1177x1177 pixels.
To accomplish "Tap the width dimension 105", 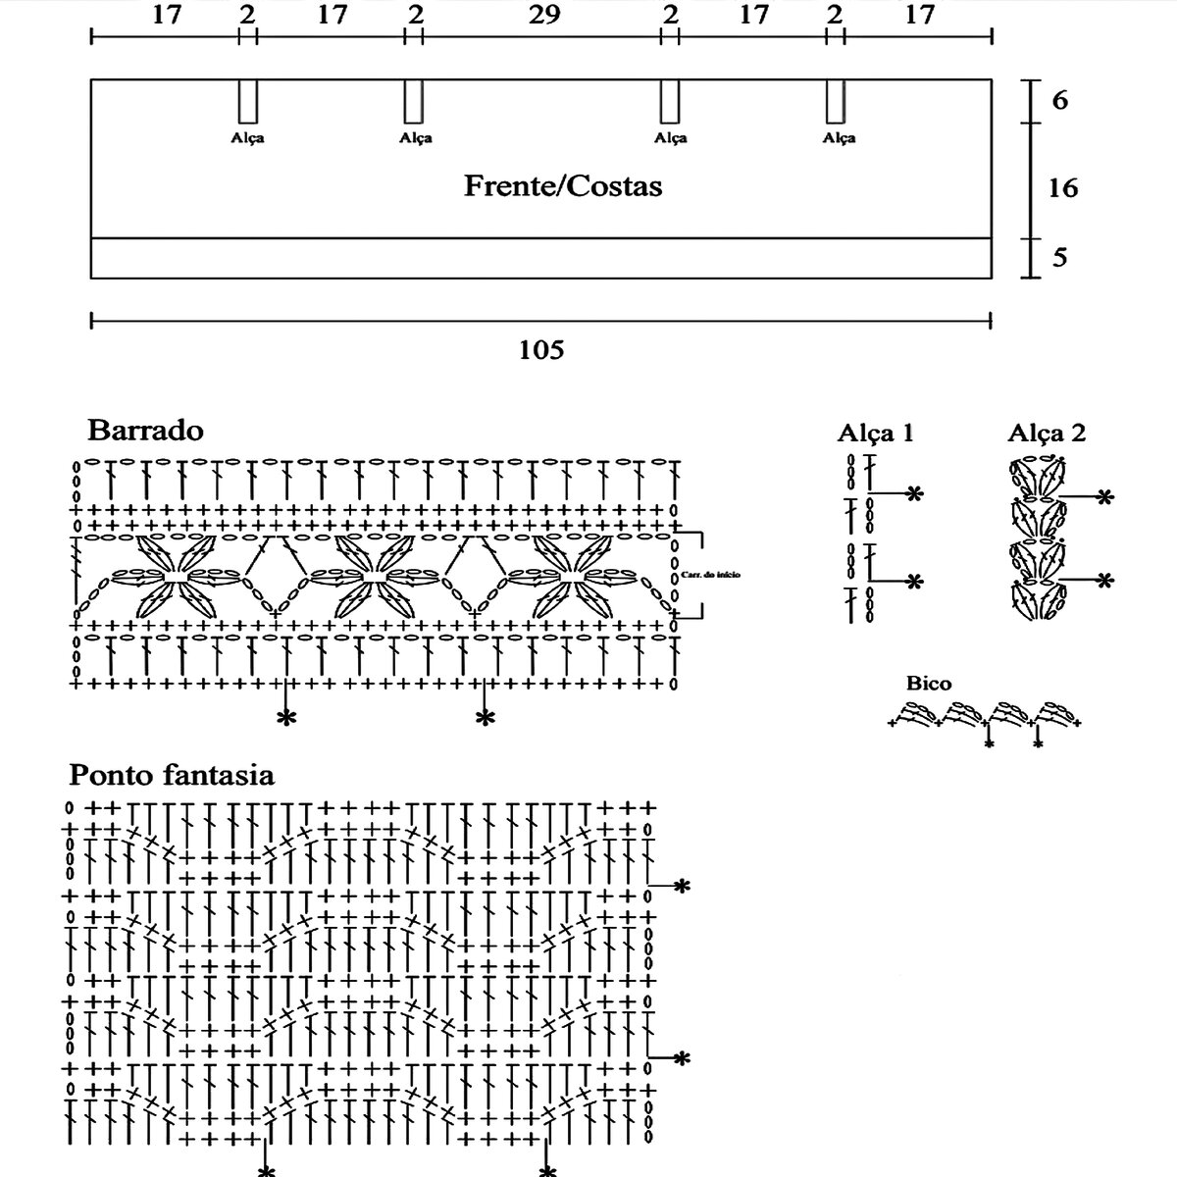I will tap(541, 349).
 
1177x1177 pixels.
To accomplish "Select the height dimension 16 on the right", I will tap(1062, 186).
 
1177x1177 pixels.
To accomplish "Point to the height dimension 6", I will tap(1059, 100).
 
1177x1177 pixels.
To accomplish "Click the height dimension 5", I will tap(1059, 258).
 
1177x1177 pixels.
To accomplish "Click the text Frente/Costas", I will tap(563, 185).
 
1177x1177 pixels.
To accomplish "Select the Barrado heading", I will tap(145, 430).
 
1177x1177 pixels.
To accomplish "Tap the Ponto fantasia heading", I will tap(171, 775).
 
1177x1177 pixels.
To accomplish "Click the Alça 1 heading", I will tap(875, 433).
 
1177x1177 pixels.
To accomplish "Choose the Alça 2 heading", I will tap(1047, 433).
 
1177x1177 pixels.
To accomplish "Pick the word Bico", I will tap(928, 683).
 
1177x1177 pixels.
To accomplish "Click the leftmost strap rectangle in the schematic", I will tap(248, 101).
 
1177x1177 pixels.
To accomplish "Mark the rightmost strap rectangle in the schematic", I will tap(836, 101).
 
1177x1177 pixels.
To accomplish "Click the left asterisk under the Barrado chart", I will tap(285, 719).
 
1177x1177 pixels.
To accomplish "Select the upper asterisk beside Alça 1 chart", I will tap(914, 493).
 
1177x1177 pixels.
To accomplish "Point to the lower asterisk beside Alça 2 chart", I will tap(1104, 581).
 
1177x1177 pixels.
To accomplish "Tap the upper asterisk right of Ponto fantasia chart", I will tap(682, 887).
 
